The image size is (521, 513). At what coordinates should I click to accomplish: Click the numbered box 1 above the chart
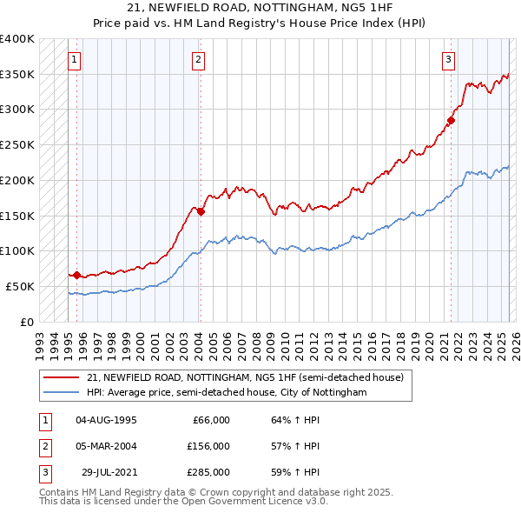pyautogui.click(x=75, y=60)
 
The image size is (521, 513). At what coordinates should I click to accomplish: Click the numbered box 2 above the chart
pyautogui.click(x=199, y=60)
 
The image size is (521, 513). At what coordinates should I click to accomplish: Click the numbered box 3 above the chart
pyautogui.click(x=448, y=60)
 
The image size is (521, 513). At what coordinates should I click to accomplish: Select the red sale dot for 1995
pyautogui.click(x=76, y=275)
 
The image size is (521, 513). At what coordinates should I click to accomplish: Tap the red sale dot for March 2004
pyautogui.click(x=200, y=210)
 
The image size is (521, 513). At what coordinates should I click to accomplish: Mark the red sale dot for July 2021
pyautogui.click(x=452, y=120)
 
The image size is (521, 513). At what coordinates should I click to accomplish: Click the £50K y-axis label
pyautogui.click(x=20, y=286)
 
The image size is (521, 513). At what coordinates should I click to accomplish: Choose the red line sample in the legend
pyautogui.click(x=62, y=378)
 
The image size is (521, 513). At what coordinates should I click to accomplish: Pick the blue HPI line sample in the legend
pyautogui.click(x=62, y=392)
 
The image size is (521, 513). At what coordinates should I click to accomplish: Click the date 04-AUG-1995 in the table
pyautogui.click(x=106, y=420)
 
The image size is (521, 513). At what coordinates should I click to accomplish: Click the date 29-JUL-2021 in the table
pyautogui.click(x=106, y=472)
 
